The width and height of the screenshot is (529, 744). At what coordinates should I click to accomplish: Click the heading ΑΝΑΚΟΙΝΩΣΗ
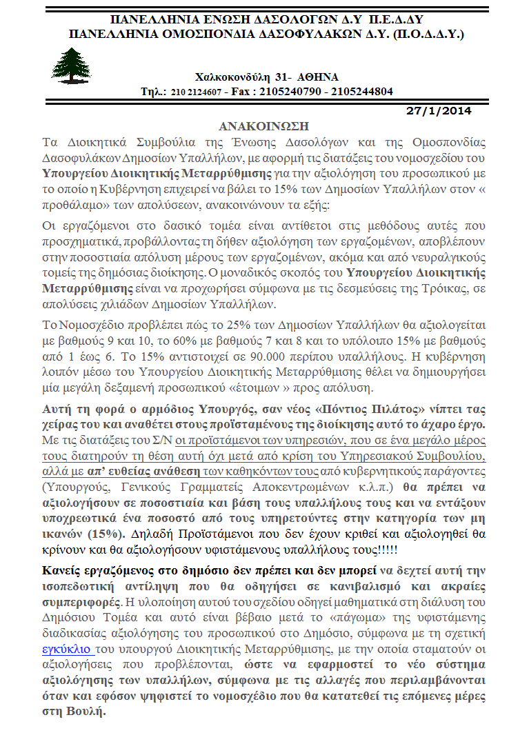[263, 126]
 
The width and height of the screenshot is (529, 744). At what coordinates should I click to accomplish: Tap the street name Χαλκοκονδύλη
[234, 77]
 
